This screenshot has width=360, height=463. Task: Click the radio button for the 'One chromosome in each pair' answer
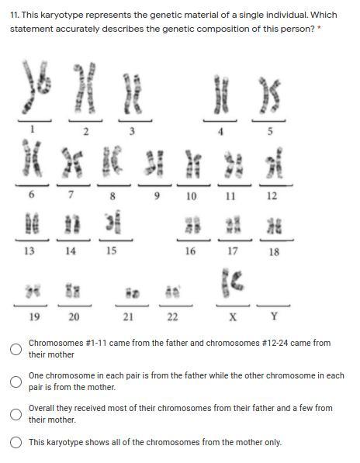pos(16,382)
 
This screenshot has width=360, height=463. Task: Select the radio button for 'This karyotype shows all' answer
pos(16,443)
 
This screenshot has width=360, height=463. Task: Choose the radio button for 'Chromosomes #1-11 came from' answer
pos(16,349)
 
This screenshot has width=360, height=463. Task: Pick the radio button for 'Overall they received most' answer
pos(16,414)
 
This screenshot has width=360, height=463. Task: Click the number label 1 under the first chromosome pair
pos(32,129)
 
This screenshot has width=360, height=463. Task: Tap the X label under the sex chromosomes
pos(233,317)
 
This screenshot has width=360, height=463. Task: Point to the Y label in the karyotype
pos(274,316)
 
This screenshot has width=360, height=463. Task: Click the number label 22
pos(172,317)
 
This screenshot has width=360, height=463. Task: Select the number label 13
pos(29,251)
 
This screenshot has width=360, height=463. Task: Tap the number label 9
pos(157,195)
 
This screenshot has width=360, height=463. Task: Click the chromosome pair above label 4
pos(221,95)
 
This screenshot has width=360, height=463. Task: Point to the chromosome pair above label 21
pos(132,292)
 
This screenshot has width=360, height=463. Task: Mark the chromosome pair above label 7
pos(71,162)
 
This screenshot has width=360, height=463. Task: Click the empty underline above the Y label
pos(273,306)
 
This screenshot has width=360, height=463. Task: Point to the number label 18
pos(274,252)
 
